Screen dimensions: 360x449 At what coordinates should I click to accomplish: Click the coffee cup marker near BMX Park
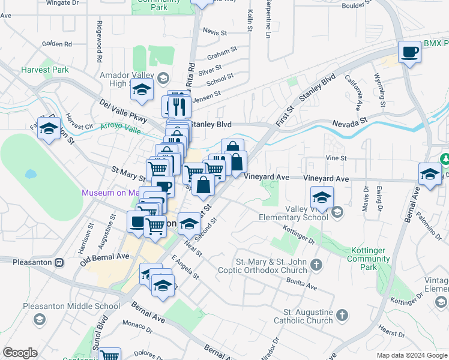click(x=409, y=52)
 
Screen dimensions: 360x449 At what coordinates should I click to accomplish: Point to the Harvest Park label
click(x=44, y=70)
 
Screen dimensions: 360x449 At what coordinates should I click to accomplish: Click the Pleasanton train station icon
click(x=59, y=262)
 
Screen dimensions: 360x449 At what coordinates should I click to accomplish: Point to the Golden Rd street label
click(x=57, y=44)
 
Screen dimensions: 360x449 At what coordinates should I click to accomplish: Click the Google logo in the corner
click(x=20, y=353)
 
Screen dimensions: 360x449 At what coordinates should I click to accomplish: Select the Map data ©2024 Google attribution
click(x=412, y=355)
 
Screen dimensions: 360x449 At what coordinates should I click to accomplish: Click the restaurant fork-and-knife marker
click(x=179, y=106)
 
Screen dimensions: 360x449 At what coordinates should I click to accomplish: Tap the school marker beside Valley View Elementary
click(x=322, y=198)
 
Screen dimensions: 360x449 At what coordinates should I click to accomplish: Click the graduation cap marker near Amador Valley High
click(x=142, y=90)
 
